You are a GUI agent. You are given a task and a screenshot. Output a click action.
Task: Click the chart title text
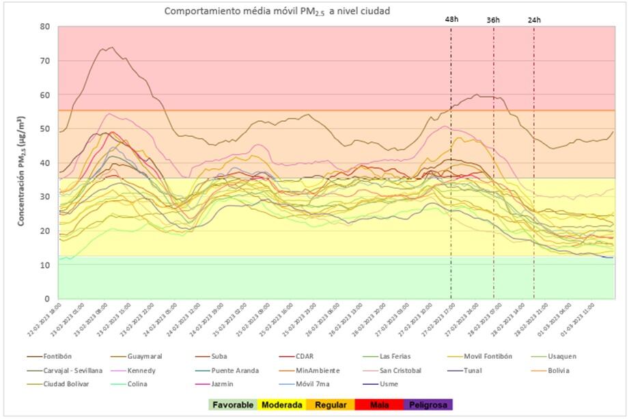click(x=277, y=12)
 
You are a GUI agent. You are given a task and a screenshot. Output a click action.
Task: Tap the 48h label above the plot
click(x=451, y=20)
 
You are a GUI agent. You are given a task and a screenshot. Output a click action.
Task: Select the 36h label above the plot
click(x=493, y=20)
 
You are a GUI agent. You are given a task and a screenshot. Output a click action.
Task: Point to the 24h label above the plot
click(x=534, y=20)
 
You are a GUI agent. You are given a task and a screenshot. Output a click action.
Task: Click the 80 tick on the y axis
click(x=44, y=27)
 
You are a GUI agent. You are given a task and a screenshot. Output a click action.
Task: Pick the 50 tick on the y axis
click(x=44, y=129)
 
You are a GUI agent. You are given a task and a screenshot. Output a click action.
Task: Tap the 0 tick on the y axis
click(x=47, y=299)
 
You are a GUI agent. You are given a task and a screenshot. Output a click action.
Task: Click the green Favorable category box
click(x=233, y=405)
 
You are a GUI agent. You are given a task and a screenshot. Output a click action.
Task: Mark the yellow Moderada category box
click(x=282, y=405)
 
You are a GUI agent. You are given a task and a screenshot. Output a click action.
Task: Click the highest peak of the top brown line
click(x=111, y=47)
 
